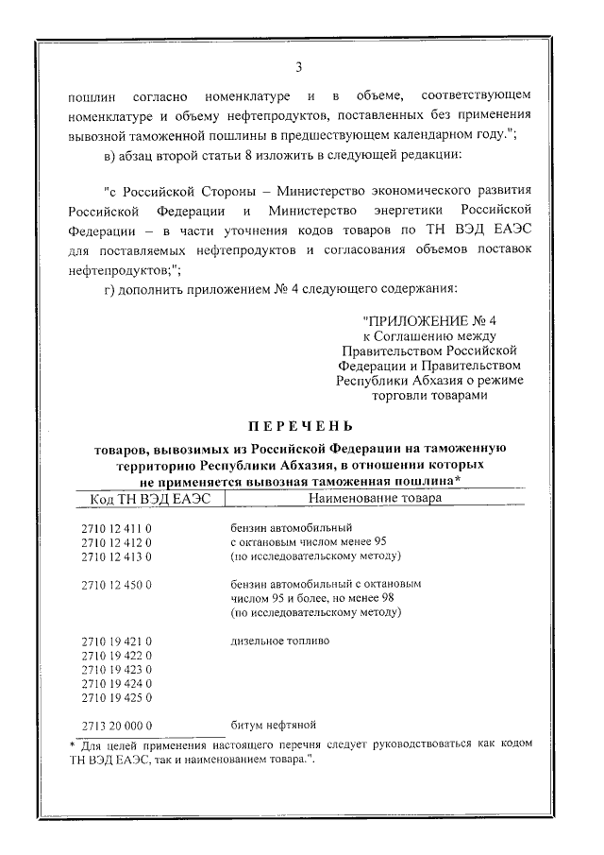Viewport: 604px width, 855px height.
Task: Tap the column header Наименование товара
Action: [374, 498]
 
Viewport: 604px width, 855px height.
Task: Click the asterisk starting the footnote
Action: [75, 744]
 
